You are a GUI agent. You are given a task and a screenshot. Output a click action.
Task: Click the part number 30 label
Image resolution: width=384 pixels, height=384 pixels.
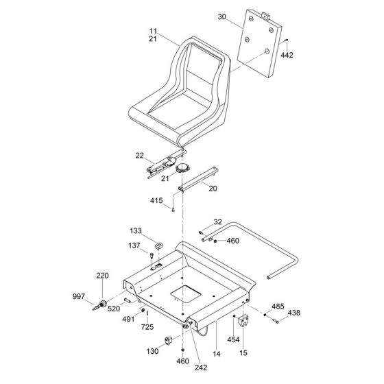coord(221,15)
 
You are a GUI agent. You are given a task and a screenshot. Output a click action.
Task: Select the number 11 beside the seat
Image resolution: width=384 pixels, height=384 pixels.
coord(154,31)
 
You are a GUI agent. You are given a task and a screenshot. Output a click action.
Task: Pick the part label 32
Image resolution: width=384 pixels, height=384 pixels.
coord(217,221)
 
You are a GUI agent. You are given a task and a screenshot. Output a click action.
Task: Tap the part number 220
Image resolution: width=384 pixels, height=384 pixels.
coord(102,276)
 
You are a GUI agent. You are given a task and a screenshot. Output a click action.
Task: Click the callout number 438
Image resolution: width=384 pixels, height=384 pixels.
coord(293,312)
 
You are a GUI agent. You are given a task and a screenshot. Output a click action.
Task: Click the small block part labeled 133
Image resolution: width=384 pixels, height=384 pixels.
coord(158,243)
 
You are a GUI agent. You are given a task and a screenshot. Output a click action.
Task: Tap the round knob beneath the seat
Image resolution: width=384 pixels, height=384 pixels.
coord(182,168)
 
